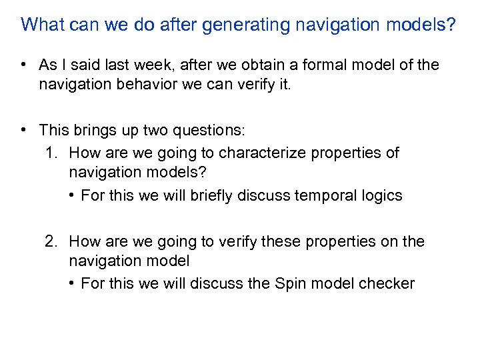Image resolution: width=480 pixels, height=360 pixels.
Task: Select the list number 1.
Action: (x=52, y=153)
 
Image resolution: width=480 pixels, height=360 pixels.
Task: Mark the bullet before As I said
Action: (x=23, y=65)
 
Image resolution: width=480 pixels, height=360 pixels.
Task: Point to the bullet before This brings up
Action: (x=23, y=129)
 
